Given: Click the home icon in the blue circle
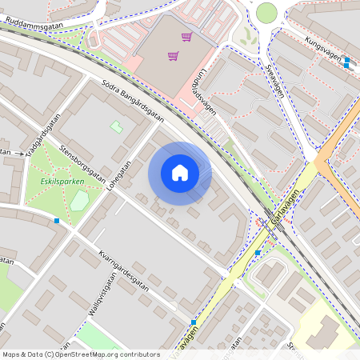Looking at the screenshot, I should coord(180,173).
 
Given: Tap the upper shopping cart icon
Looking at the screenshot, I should coord(186,37).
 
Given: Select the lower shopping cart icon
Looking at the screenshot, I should coord(173,56).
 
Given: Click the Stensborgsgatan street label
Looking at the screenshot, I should coord(83,164).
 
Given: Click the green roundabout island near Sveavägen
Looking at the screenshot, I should coord(266,13).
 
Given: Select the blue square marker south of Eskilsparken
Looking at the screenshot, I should coord(57,220).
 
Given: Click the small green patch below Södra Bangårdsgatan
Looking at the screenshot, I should coord(116,126).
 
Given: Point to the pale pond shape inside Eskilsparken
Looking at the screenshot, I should coord(78,200).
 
